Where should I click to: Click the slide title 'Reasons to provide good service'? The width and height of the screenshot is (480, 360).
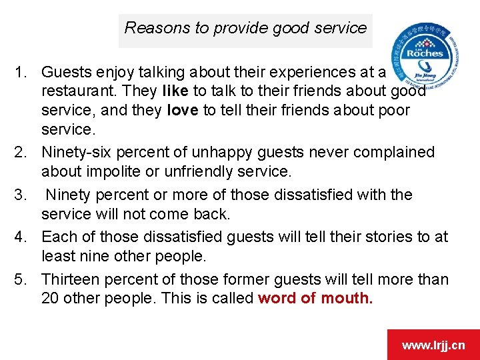[245, 28]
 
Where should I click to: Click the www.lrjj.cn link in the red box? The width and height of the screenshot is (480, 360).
[433, 345]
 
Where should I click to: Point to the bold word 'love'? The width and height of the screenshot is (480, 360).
[183, 110]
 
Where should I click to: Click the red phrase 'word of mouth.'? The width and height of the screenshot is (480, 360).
[315, 298]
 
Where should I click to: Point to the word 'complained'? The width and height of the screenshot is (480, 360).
[393, 152]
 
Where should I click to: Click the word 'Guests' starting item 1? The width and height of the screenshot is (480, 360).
[65, 71]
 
